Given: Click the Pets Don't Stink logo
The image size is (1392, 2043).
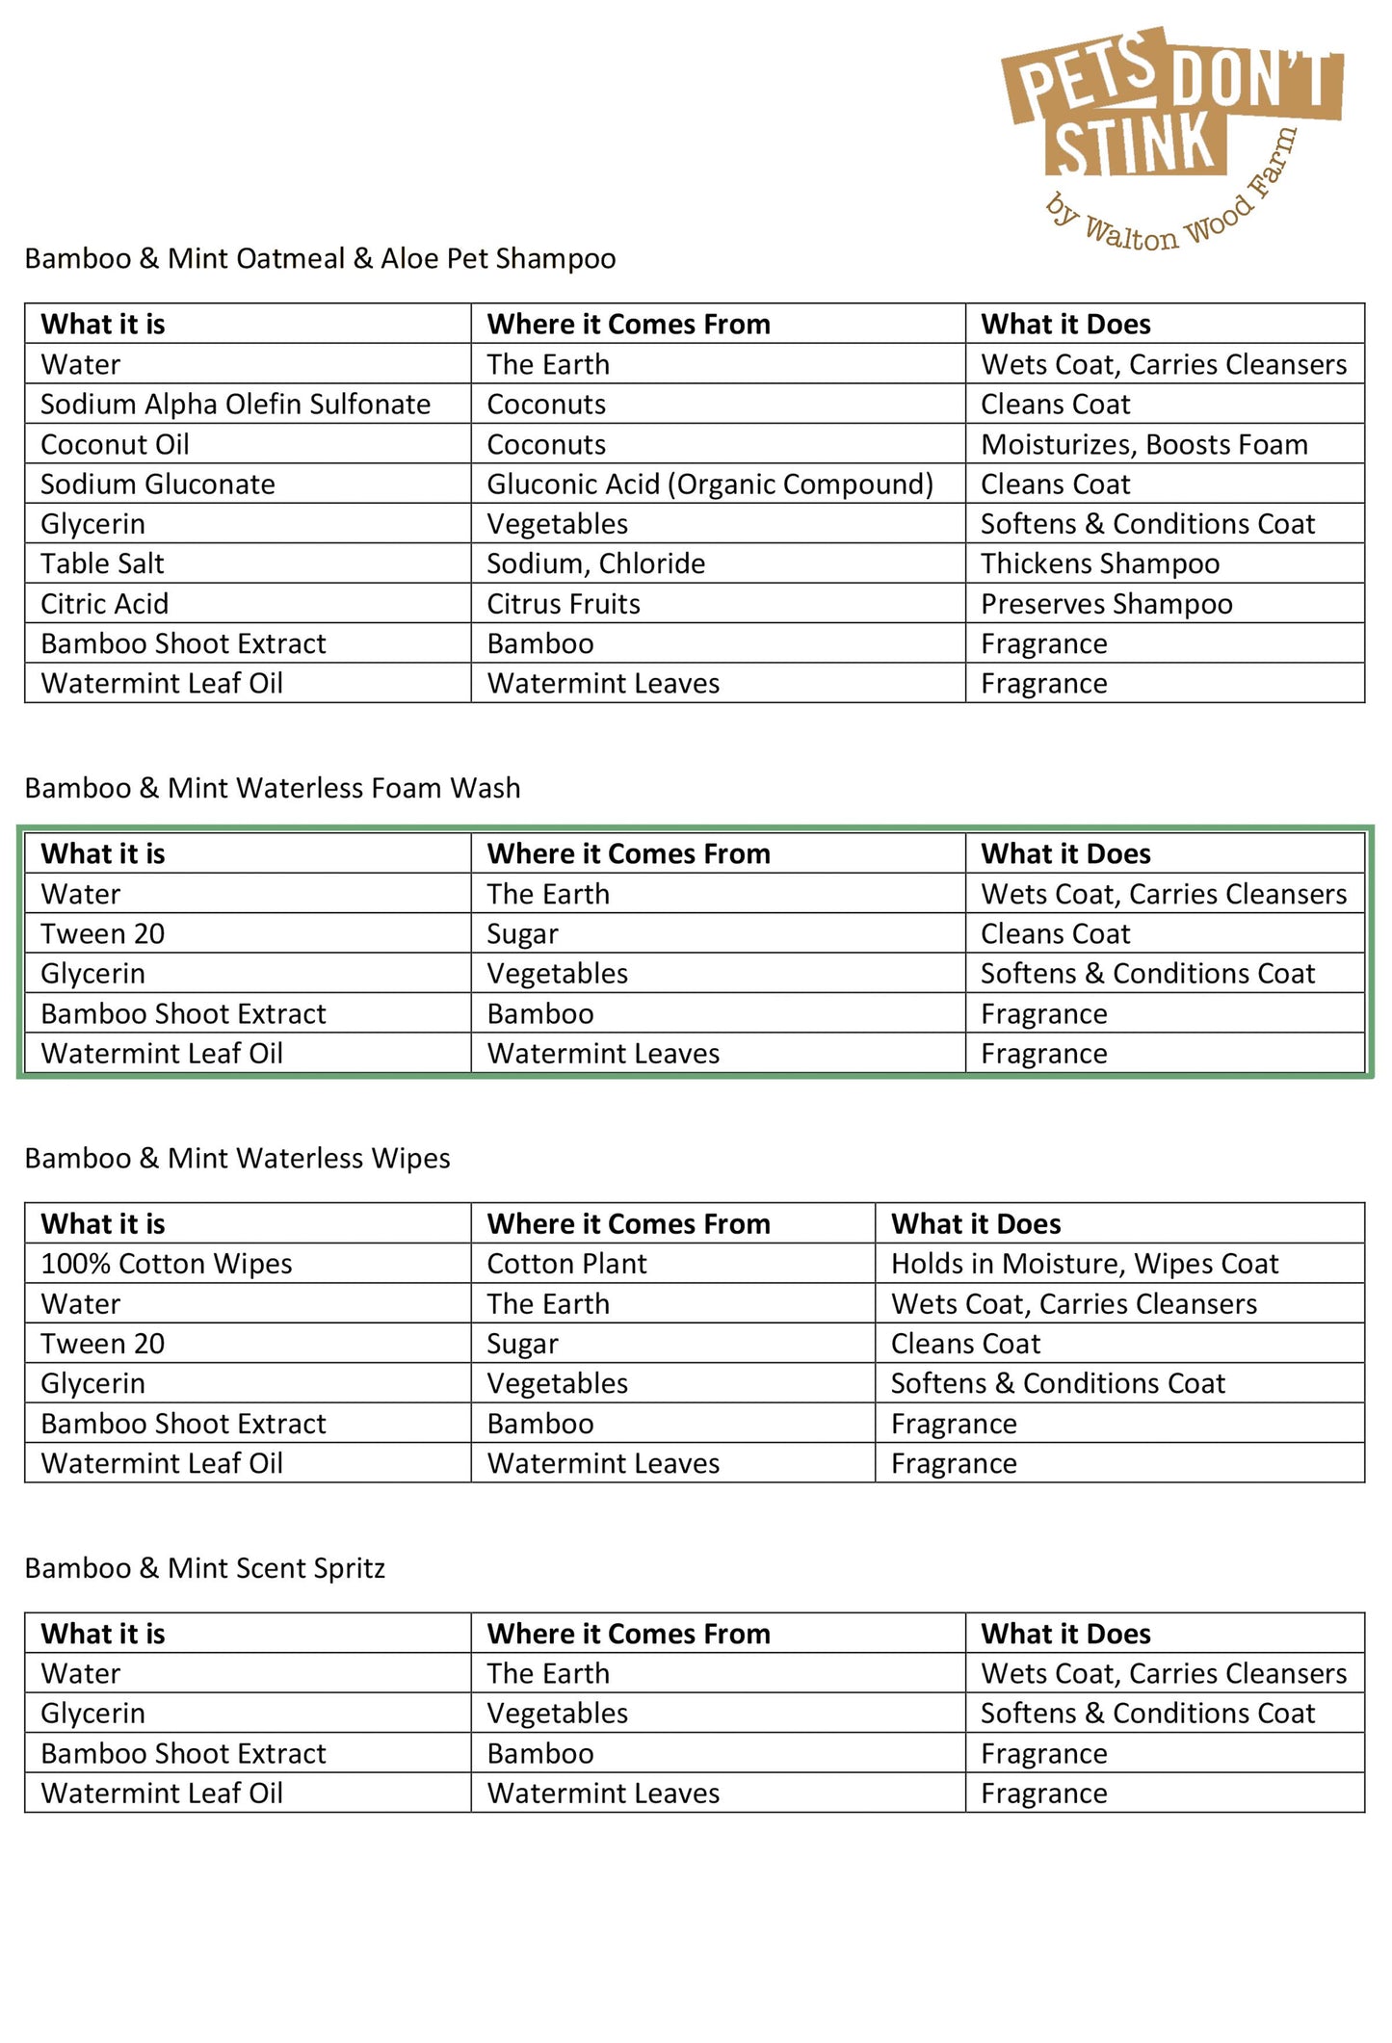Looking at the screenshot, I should click(1170, 135).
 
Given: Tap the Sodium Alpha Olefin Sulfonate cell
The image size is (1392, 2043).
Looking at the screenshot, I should click(235, 405).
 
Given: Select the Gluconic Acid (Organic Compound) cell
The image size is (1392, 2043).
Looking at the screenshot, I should click(710, 485).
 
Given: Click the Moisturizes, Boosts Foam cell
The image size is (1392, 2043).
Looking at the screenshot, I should click(1144, 445).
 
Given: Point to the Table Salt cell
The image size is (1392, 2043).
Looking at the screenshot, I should click(102, 563).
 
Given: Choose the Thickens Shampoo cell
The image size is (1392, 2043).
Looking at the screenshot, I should click(1100, 563).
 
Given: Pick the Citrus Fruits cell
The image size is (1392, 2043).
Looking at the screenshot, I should click(564, 604).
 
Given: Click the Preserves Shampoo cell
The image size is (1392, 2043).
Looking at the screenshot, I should click(1107, 604).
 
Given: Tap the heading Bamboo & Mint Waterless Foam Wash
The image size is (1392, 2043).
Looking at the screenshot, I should click(273, 788).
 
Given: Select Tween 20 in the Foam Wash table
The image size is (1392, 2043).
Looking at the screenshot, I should click(102, 933).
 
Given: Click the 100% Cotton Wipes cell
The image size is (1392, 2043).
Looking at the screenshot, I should click(166, 1264).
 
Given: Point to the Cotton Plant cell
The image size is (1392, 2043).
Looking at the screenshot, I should click(566, 1264).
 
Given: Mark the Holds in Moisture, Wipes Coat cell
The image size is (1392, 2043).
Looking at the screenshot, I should click(1085, 1264).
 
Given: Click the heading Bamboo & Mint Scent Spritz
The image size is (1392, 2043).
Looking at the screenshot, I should click(204, 1568).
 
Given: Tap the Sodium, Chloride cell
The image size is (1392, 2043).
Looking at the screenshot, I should click(595, 563).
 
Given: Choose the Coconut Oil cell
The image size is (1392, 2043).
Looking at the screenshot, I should click(115, 445).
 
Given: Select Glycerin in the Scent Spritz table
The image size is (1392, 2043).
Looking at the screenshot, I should click(92, 1714).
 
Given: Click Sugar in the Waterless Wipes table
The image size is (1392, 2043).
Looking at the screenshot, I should click(522, 1344).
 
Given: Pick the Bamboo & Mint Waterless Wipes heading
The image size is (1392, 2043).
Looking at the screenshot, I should click(237, 1158).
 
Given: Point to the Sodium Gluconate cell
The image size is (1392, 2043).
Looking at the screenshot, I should click(157, 485).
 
